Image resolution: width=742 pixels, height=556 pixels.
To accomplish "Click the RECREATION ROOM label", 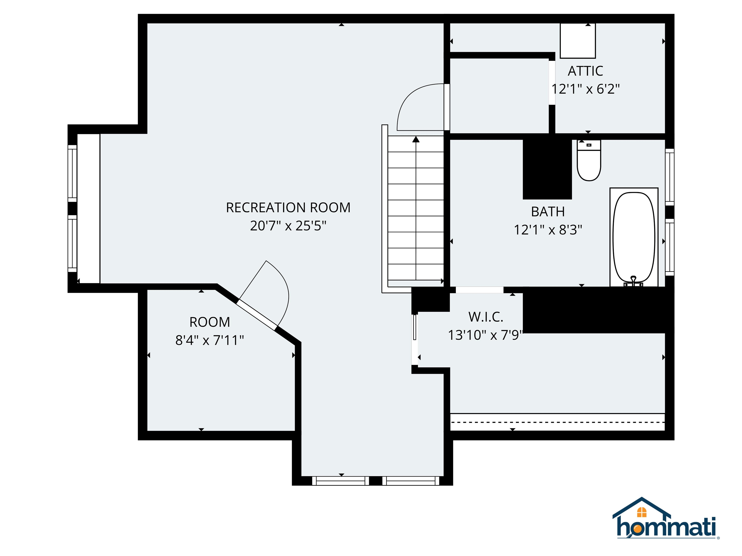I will point(288,208).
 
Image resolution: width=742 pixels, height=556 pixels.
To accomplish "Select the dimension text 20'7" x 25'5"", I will point(288,226).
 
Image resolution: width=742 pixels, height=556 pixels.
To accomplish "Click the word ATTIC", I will point(585,71).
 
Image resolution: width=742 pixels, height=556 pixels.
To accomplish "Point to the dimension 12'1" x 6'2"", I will point(585,89).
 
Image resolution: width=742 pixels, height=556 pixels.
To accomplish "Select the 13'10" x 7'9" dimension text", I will point(486,335).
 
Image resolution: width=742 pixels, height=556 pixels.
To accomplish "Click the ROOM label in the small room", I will point(210,322).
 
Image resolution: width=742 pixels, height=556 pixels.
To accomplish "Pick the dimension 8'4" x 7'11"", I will point(210,341).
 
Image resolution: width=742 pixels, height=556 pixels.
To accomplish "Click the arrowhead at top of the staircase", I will point(416,139).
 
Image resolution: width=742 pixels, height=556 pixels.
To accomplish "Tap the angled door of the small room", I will point(257,314).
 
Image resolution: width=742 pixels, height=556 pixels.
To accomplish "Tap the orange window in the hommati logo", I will point(641,512).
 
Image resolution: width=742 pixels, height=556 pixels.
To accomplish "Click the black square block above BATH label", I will point(547,169).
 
